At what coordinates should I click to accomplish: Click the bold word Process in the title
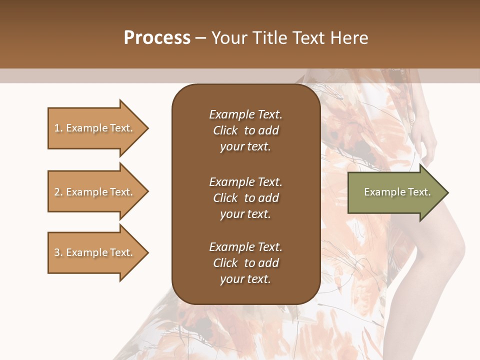157,38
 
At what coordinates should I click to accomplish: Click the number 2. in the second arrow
58,192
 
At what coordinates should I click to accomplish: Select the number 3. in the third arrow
58,252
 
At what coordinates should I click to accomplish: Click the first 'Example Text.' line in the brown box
245,114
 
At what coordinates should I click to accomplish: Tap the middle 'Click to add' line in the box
245,198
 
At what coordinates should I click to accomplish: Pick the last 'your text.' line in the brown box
245,279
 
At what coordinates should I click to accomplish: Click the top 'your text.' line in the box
245,146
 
